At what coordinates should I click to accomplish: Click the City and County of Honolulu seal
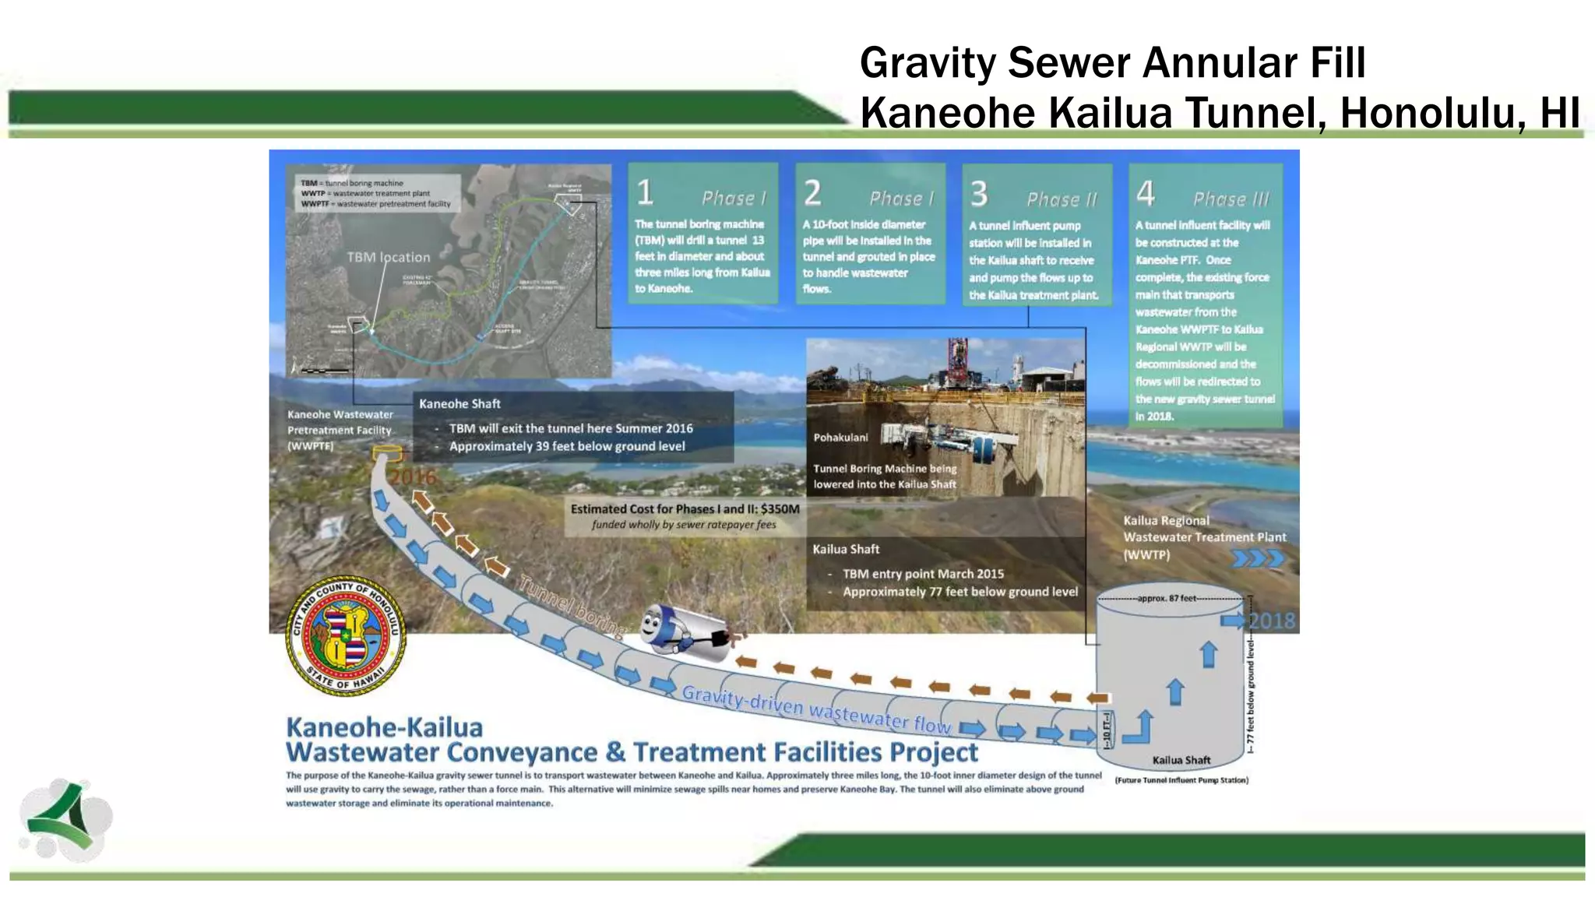click(345, 636)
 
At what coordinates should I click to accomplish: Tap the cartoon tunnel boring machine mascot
click(684, 627)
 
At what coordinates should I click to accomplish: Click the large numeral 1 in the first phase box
click(645, 192)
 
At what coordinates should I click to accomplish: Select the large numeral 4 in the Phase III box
click(1145, 193)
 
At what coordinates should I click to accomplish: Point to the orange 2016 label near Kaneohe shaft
click(412, 477)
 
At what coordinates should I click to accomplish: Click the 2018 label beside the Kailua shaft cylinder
click(1272, 621)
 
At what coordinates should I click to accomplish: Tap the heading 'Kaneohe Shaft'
click(459, 403)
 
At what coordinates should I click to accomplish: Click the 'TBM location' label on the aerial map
click(388, 257)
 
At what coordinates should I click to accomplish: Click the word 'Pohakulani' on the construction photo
click(840, 438)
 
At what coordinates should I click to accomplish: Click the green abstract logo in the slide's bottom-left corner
click(65, 818)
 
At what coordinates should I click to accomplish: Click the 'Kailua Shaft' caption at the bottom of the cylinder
click(1181, 760)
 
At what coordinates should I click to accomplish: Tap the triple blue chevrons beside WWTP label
click(1258, 558)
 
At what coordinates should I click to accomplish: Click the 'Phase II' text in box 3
click(1062, 199)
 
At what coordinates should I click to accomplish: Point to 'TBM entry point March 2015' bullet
click(923, 574)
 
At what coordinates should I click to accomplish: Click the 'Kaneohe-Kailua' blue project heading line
click(384, 727)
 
